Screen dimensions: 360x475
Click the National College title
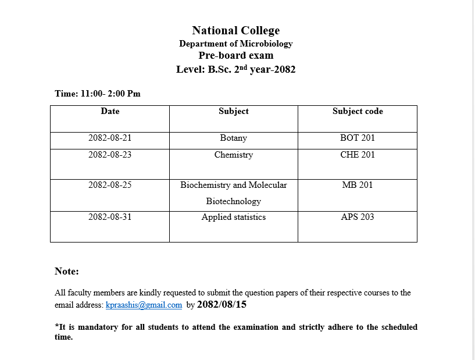tap(235, 31)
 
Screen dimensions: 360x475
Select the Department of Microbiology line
tap(235, 44)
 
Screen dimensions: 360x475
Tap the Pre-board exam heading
tap(235, 56)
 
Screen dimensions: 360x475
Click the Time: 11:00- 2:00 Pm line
tap(98, 94)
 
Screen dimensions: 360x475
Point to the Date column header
tap(110, 111)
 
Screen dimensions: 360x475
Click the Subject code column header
tap(358, 111)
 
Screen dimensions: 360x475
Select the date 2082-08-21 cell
tap(110, 138)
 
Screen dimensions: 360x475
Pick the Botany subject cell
tap(233, 138)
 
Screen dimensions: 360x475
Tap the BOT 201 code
tap(358, 138)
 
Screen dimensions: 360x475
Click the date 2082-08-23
tap(110, 155)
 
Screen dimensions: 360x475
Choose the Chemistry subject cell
tap(233, 155)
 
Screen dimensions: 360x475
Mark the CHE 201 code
tap(358, 155)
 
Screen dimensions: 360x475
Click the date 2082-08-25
tap(110, 185)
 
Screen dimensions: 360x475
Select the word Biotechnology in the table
tap(233, 201)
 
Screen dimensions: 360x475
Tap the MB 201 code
tap(358, 185)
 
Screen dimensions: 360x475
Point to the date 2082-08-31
tap(110, 217)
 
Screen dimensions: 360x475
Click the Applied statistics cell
tap(233, 217)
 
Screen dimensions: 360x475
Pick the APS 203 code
tap(358, 217)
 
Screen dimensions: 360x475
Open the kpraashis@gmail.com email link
tap(144, 305)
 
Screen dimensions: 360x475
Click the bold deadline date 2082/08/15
tap(222, 304)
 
